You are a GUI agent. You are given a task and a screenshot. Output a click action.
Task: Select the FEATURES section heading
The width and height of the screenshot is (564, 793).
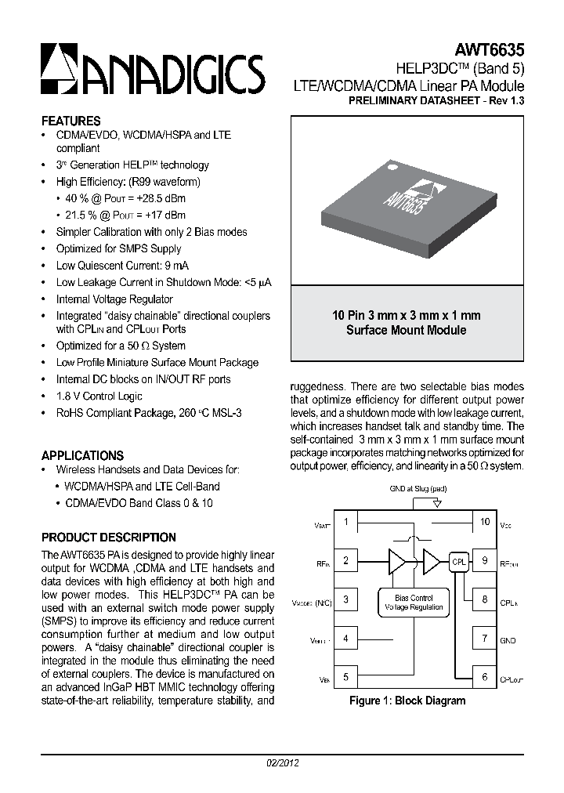click(x=70, y=121)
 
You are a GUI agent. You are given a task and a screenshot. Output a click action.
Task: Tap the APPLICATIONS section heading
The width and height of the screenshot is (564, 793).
click(x=82, y=455)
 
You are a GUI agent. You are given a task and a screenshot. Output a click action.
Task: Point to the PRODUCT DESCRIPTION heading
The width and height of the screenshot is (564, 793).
click(x=108, y=538)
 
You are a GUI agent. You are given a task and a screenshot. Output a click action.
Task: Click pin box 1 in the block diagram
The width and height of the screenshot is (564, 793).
click(x=345, y=522)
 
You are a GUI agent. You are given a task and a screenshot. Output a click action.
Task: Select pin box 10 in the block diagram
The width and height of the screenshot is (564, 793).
click(x=484, y=522)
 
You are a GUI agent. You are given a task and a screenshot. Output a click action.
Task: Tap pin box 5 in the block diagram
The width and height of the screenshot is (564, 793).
click(x=345, y=678)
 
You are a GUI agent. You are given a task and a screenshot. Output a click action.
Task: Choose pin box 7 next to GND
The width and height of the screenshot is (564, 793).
click(x=484, y=639)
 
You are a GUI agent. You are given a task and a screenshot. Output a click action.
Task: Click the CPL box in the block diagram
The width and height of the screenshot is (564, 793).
click(x=458, y=561)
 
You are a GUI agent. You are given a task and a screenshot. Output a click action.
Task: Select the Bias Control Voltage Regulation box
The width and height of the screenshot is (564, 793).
click(x=414, y=602)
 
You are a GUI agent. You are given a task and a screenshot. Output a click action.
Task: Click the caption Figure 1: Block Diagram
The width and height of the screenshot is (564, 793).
click(x=407, y=701)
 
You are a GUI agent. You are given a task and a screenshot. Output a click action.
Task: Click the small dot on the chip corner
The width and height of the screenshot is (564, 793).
click(x=389, y=165)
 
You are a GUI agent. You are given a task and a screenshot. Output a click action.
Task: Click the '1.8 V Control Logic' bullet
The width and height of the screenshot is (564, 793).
click(x=99, y=396)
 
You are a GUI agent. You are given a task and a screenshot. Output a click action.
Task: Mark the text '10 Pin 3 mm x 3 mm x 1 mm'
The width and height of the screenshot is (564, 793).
click(x=406, y=315)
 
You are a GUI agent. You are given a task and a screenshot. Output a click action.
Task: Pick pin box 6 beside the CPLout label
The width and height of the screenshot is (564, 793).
click(x=484, y=678)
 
